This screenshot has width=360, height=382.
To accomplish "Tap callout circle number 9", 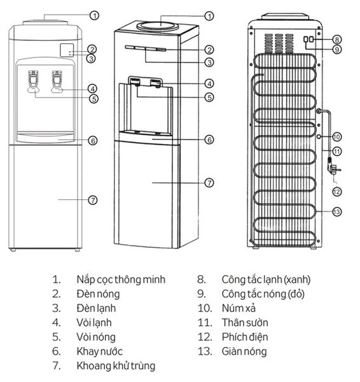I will (x=337, y=49).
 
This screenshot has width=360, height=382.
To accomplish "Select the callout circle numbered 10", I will (x=337, y=136).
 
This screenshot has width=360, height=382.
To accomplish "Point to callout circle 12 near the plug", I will (x=337, y=191).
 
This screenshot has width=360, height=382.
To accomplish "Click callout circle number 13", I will (x=337, y=211).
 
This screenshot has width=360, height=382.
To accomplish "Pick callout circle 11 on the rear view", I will (x=337, y=152).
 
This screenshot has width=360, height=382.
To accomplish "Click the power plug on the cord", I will (x=332, y=170).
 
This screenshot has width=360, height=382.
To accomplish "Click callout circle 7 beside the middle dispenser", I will (x=209, y=182).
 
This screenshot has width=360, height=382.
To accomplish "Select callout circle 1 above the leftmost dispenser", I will (x=94, y=15).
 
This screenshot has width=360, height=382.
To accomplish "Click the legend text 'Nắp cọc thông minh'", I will (x=121, y=279).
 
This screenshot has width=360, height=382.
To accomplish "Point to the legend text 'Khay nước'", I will (x=99, y=351).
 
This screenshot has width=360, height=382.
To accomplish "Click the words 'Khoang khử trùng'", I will (x=116, y=366).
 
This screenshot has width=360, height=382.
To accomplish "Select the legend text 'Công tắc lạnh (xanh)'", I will (x=266, y=279).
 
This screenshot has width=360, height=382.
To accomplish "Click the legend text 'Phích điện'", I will (x=245, y=337).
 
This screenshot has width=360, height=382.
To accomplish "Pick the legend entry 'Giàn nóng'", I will (x=244, y=351).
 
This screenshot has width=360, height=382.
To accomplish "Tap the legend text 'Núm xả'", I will (x=239, y=308).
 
